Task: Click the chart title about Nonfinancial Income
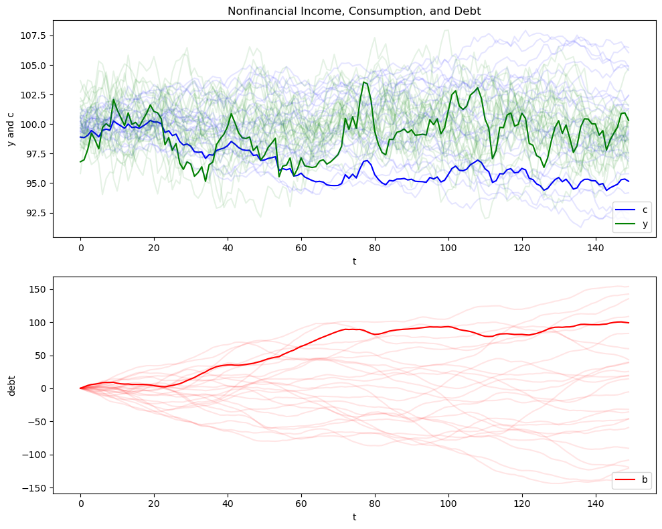(354, 11)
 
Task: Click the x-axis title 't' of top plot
(354, 260)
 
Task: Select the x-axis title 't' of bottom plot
(354, 518)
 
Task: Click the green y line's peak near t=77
(363, 82)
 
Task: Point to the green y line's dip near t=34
(205, 181)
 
